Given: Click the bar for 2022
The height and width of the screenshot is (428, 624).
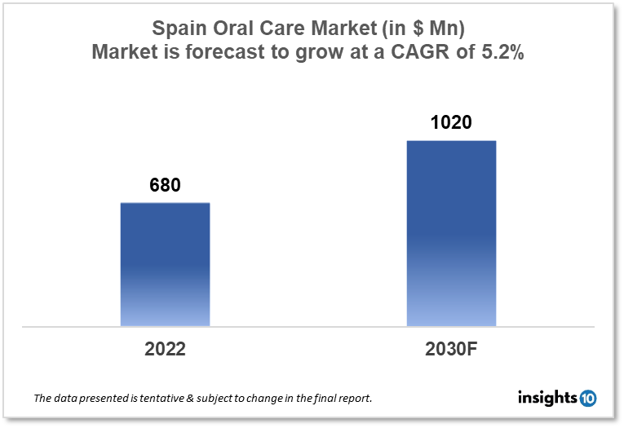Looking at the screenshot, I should [x=165, y=264].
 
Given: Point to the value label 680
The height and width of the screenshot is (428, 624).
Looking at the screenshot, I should [x=165, y=185].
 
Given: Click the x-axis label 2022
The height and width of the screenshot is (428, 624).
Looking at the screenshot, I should [x=165, y=350].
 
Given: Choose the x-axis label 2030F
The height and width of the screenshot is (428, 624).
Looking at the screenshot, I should [x=450, y=350].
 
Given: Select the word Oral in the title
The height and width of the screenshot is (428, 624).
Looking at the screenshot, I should [x=236, y=29].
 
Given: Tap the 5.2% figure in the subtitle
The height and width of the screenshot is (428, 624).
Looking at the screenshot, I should [x=507, y=53].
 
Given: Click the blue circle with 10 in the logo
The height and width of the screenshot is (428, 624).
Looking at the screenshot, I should [x=588, y=399].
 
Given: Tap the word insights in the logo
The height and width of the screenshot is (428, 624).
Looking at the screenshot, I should [x=547, y=399].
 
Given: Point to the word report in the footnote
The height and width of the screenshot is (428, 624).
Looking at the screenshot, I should [x=356, y=399].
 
